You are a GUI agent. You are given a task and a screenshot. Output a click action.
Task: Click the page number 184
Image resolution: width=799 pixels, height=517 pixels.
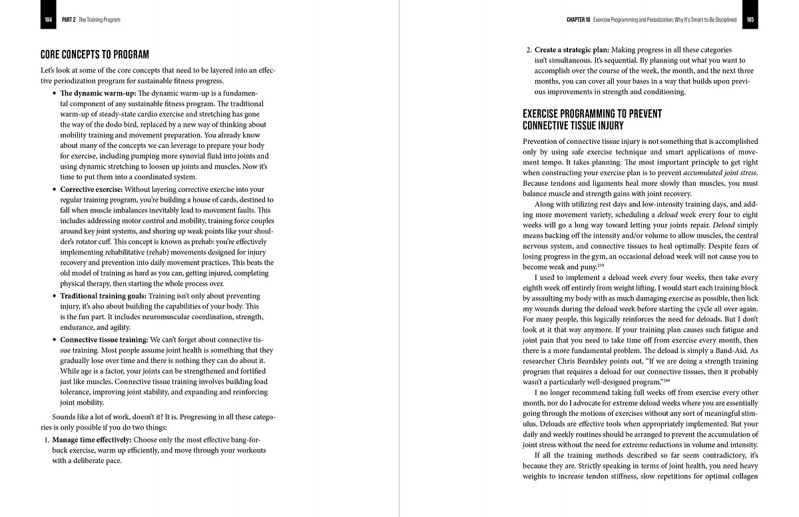[48, 20]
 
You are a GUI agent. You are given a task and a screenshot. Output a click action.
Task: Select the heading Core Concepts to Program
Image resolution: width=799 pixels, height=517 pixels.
[95, 55]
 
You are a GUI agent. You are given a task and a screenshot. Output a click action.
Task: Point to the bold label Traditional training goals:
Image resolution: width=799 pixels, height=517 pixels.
[103, 296]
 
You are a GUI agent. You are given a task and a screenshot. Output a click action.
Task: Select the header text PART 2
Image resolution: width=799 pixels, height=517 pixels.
[69, 20]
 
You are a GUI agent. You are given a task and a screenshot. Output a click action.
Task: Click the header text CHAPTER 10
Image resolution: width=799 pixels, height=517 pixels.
[578, 20]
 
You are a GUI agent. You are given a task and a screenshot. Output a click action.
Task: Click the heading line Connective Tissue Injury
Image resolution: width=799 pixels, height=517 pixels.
[573, 125]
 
